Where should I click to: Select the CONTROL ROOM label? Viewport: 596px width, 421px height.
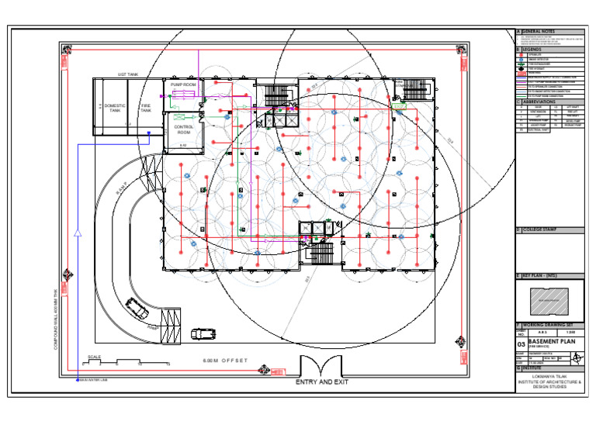click(183, 129)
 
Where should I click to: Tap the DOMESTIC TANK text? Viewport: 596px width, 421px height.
click(114, 107)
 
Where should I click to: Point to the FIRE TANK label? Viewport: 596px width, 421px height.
click(145, 108)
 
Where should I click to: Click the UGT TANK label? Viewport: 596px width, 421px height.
click(128, 74)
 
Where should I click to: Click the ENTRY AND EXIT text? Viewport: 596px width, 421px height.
click(319, 383)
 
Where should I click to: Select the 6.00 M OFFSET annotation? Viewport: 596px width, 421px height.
click(224, 361)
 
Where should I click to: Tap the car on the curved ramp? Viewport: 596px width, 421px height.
click(137, 311)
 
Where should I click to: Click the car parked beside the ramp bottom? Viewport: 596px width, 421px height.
click(202, 333)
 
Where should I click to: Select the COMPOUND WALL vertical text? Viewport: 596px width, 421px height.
click(56, 318)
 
